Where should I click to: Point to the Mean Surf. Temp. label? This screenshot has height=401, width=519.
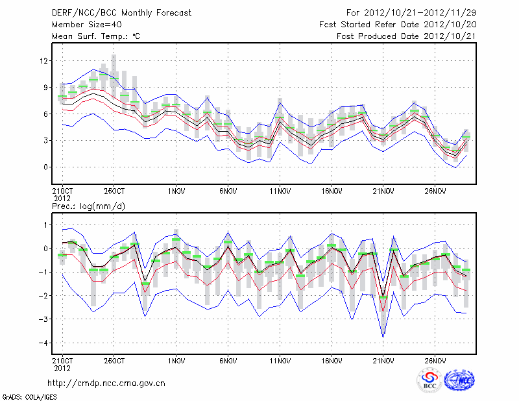click(96, 36)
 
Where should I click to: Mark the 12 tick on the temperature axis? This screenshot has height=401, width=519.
click(44, 61)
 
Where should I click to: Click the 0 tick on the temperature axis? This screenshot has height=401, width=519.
click(46, 167)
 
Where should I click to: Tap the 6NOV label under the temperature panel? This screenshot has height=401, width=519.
click(227, 191)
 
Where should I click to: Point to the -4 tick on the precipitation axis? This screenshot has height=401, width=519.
click(43, 343)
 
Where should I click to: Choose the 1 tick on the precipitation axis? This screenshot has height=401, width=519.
click(46, 225)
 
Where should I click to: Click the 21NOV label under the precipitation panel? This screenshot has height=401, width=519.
click(383, 359)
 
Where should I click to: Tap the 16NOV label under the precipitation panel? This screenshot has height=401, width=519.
click(332, 359)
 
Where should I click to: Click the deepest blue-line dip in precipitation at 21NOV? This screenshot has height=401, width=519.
click(383, 336)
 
